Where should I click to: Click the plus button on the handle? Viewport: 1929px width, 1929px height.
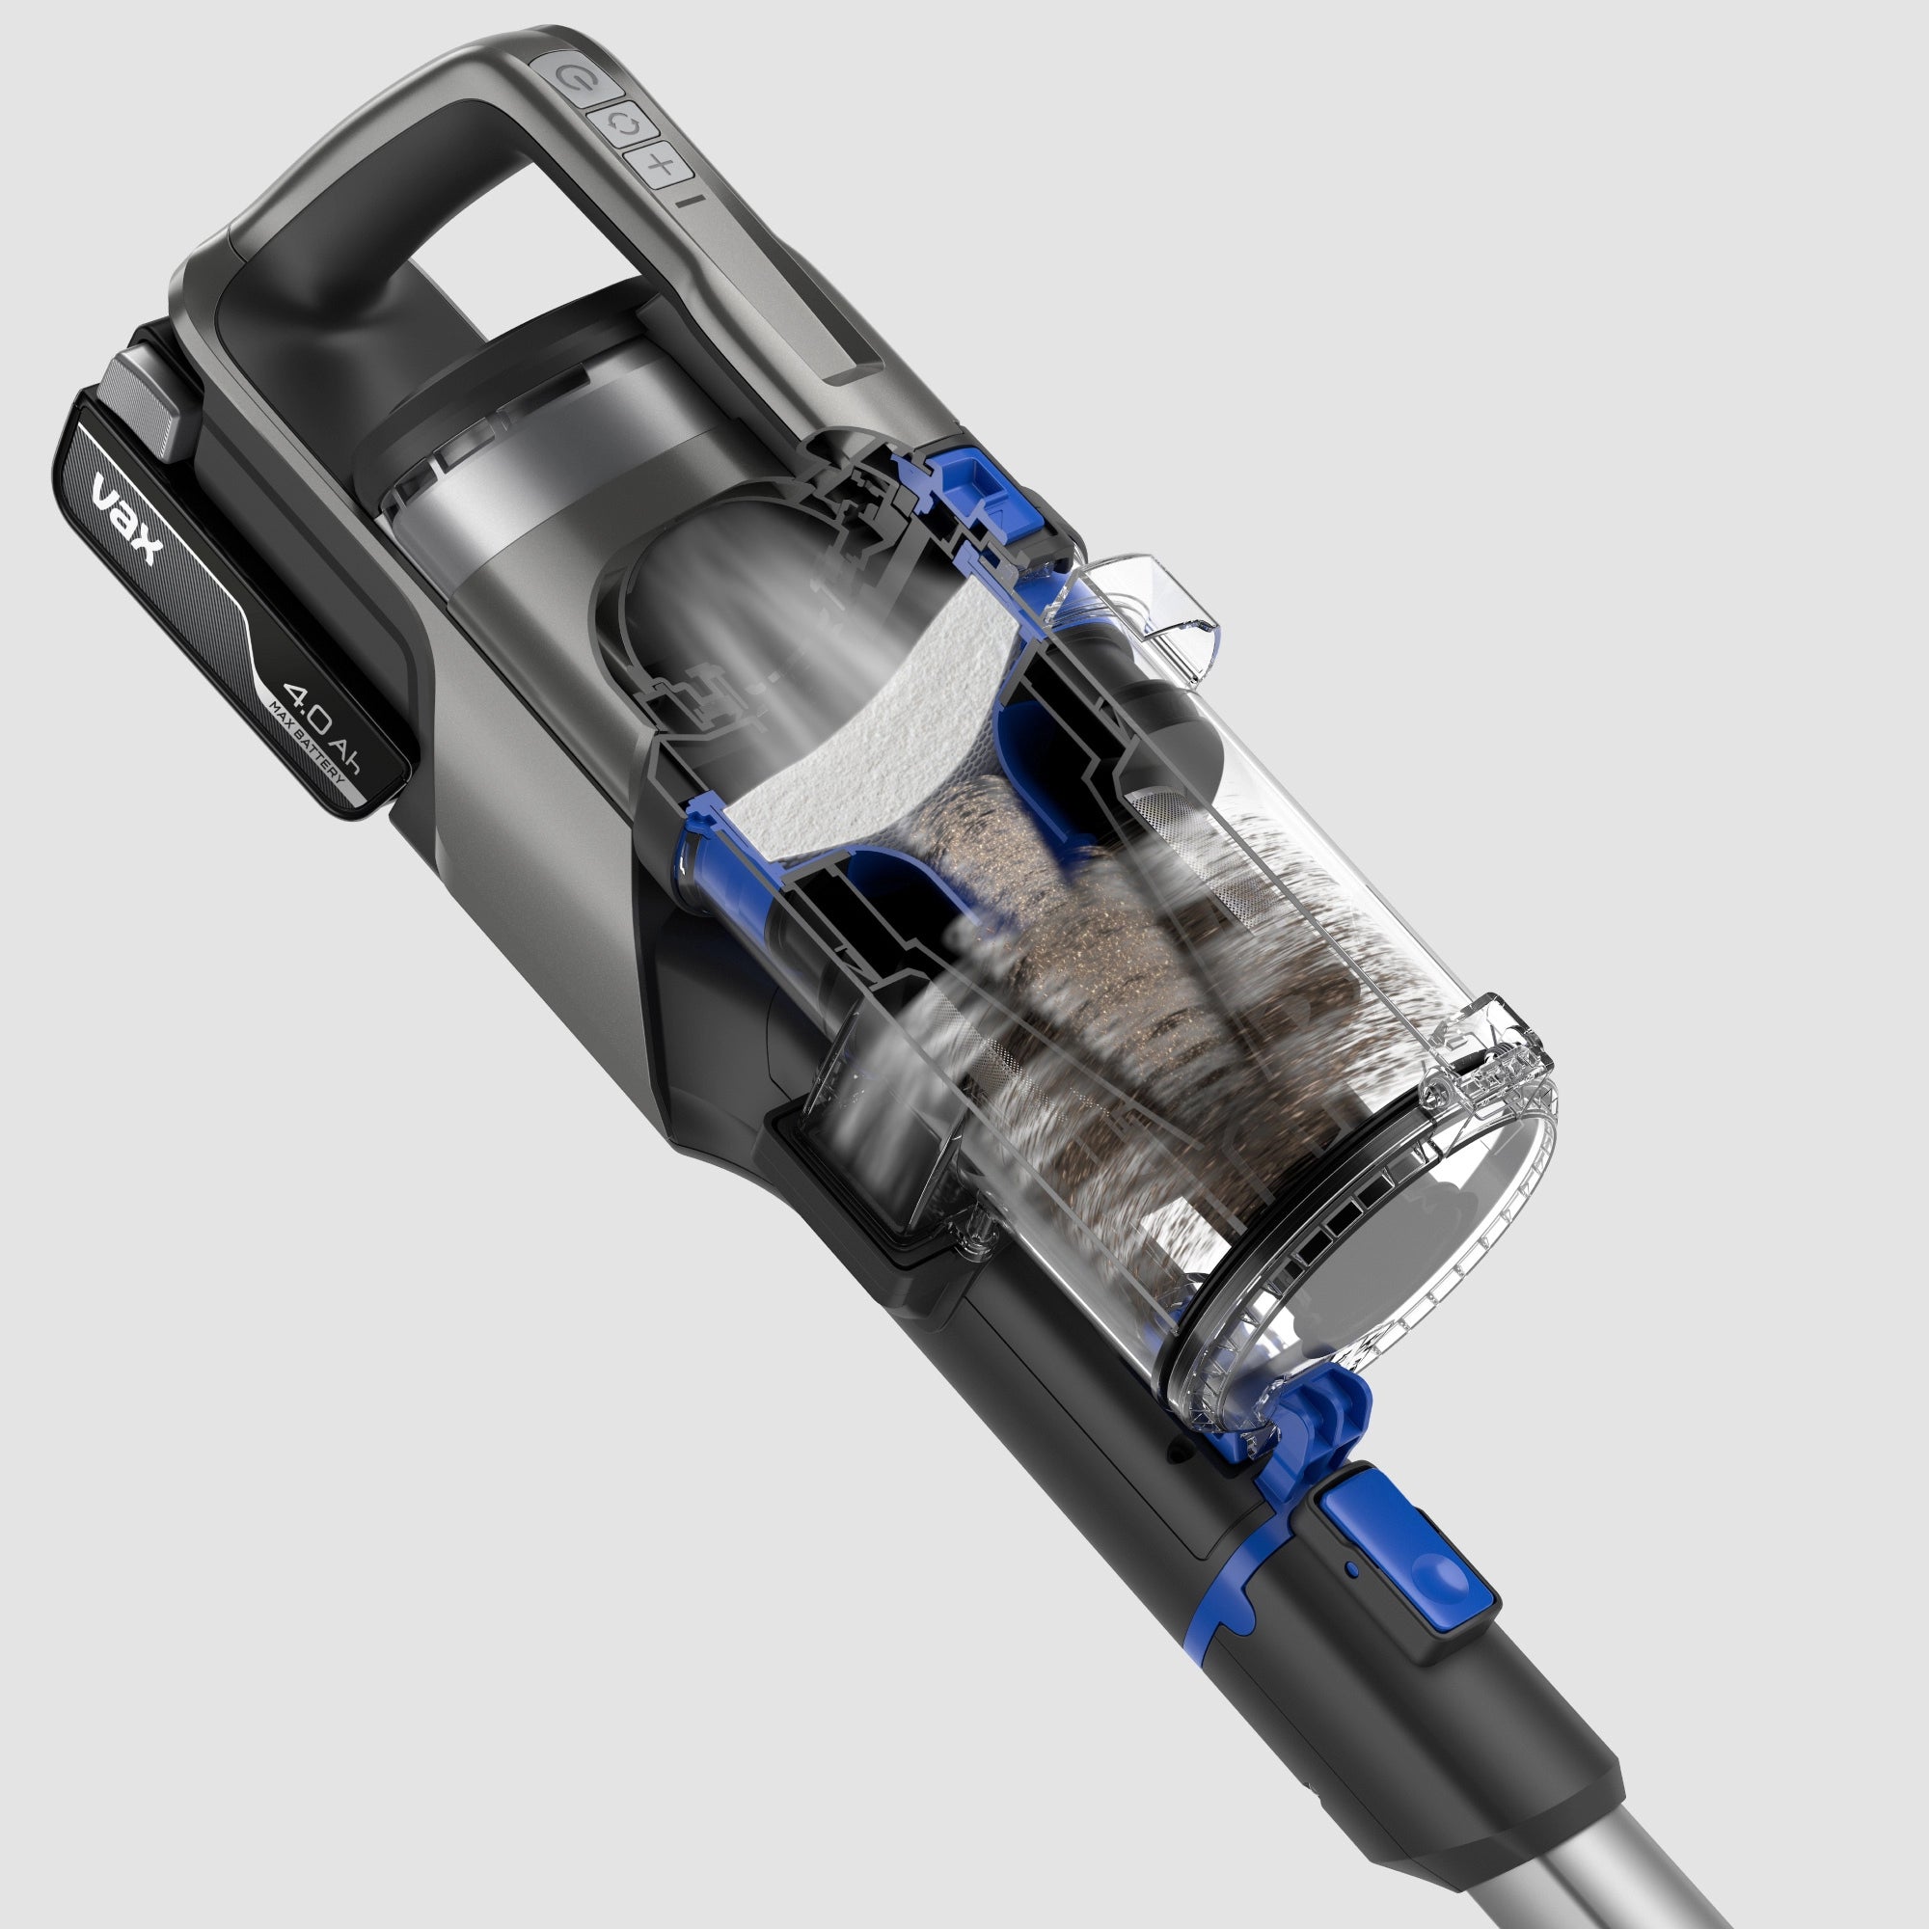pos(660,165)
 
